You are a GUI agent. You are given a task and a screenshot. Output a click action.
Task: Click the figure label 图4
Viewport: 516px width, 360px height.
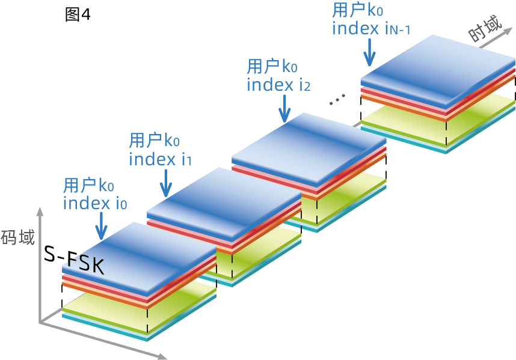(78, 14)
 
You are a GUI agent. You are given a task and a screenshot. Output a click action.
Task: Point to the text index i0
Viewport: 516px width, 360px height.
(95, 203)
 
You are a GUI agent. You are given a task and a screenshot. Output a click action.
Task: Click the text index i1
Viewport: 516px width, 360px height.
(160, 159)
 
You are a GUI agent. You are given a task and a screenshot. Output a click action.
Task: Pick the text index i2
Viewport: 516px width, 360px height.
(278, 84)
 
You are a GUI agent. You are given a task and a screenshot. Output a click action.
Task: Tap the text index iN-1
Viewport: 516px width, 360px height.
(371, 28)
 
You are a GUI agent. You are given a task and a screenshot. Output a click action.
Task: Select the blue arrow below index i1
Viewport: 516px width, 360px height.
(165, 181)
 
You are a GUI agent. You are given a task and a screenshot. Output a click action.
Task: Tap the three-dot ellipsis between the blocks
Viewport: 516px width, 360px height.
(337, 100)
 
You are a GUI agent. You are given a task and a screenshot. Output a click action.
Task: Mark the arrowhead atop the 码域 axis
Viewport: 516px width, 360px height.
(40, 211)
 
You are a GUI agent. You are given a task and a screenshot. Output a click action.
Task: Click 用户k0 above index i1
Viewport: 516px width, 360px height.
(155, 141)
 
